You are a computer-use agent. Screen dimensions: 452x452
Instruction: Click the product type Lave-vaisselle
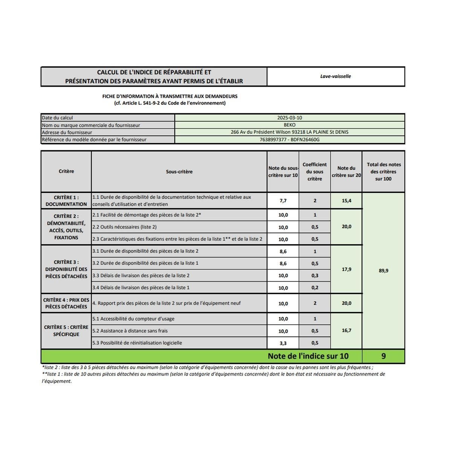click(x=336, y=76)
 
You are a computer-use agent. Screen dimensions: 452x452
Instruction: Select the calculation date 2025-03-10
click(x=290, y=118)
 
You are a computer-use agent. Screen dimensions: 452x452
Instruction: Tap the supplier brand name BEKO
click(x=290, y=125)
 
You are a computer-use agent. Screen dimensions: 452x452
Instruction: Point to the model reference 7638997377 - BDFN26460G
click(x=290, y=139)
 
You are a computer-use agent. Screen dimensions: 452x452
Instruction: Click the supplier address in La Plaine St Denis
click(x=290, y=132)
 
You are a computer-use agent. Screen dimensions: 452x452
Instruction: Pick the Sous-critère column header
click(x=179, y=171)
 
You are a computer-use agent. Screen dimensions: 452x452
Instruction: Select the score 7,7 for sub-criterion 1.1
click(x=283, y=201)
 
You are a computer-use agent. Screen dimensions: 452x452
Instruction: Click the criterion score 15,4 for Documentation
click(x=347, y=201)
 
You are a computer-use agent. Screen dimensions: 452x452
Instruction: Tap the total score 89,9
click(x=383, y=270)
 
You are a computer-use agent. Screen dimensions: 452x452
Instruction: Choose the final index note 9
click(x=383, y=356)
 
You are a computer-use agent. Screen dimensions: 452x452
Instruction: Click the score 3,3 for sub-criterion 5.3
click(x=283, y=343)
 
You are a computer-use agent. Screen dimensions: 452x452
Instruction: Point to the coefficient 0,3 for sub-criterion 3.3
click(x=315, y=276)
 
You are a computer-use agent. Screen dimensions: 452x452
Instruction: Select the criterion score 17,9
click(x=347, y=269)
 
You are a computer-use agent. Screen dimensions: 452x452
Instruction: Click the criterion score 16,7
click(x=347, y=330)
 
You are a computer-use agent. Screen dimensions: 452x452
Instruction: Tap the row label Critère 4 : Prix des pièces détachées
click(x=66, y=303)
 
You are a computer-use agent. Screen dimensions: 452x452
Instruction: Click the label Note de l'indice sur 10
click(x=308, y=356)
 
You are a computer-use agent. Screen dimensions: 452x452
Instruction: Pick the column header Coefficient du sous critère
click(x=315, y=171)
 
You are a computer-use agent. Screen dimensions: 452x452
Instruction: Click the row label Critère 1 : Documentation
click(x=66, y=201)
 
